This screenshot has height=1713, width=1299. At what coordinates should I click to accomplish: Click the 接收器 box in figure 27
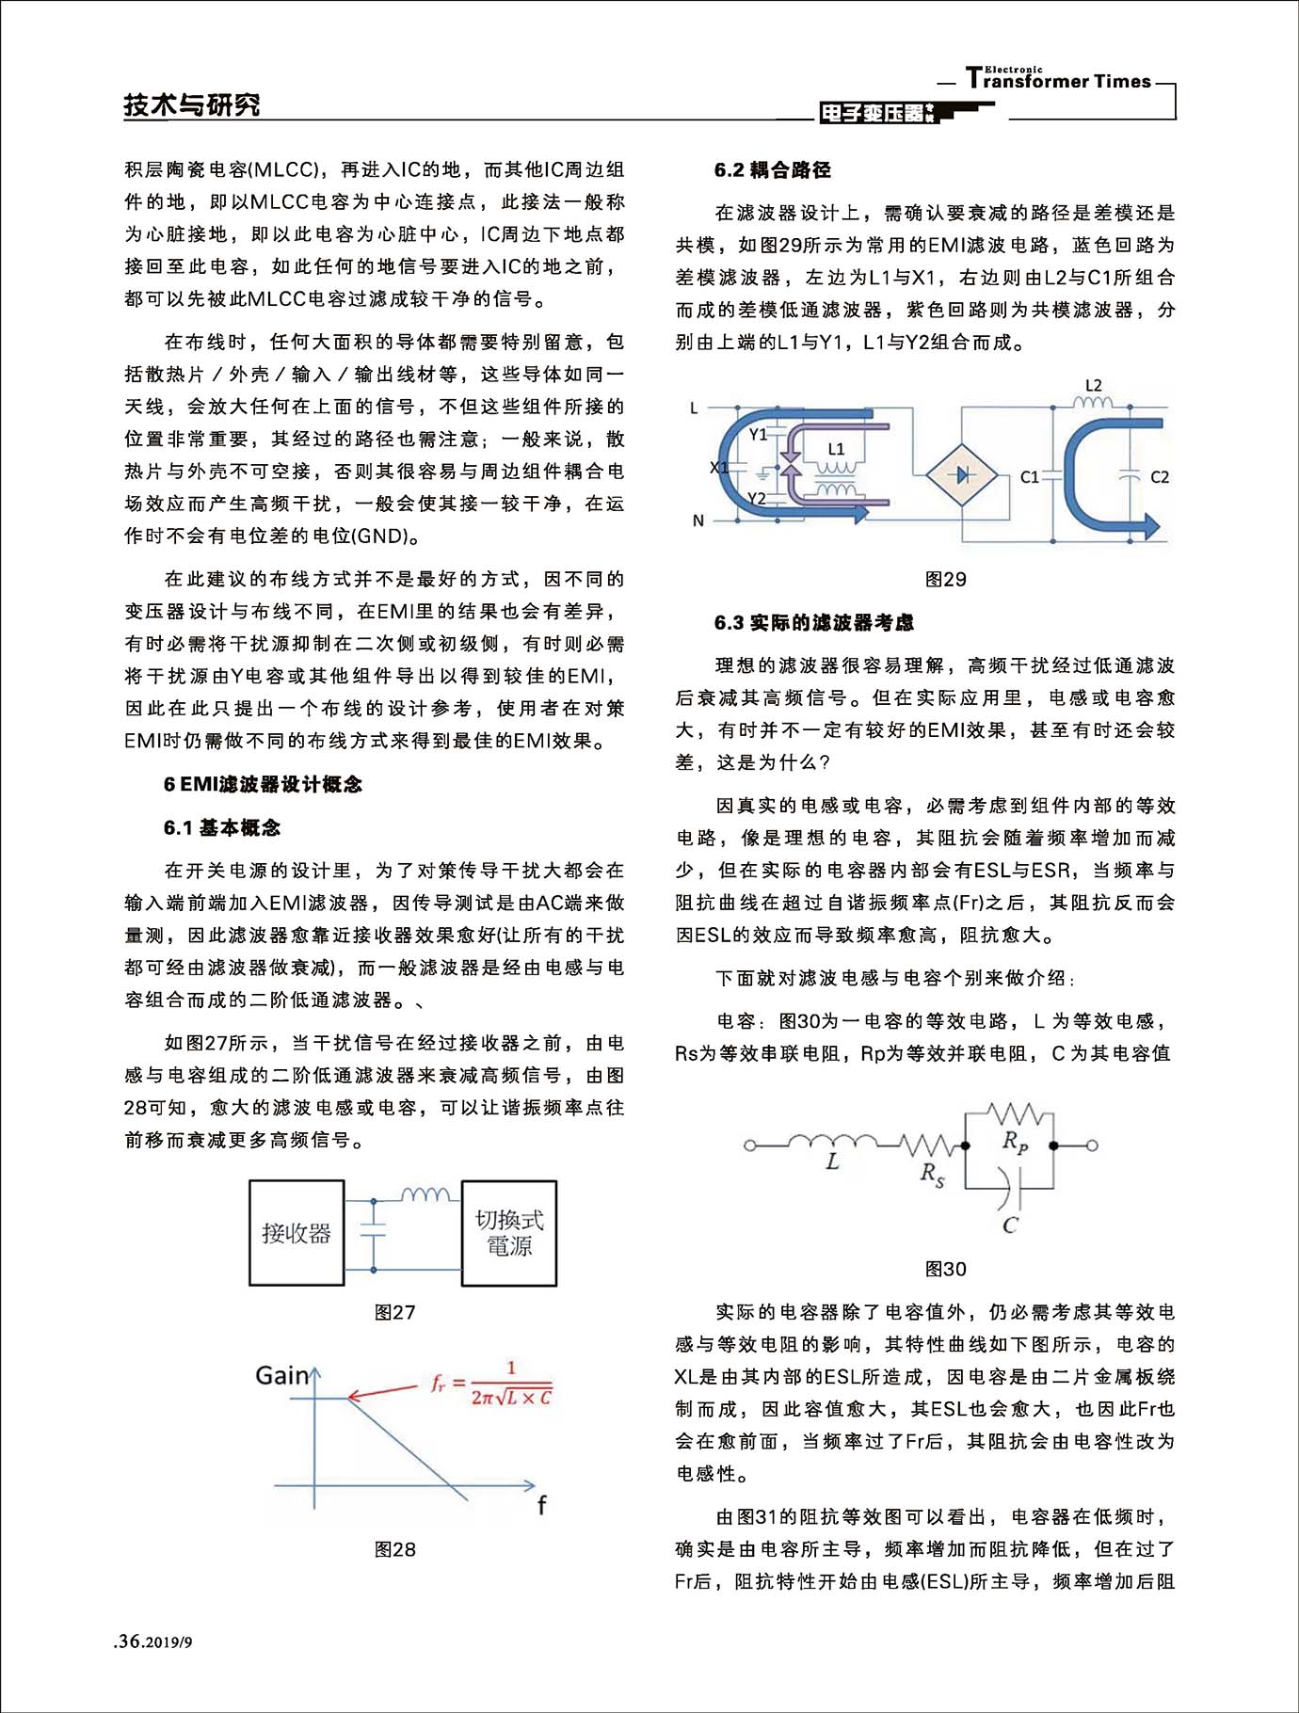tap(297, 1233)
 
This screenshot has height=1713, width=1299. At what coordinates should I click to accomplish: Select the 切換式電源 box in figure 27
tap(508, 1233)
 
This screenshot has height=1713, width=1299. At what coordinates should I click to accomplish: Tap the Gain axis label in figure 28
tap(281, 1375)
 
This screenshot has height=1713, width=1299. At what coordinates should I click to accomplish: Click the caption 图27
tap(394, 1312)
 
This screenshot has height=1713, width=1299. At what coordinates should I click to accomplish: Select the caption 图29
tap(945, 580)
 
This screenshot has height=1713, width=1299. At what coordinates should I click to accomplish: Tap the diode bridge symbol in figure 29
tap(962, 476)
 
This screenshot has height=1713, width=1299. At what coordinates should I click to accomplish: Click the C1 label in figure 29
tap(1030, 477)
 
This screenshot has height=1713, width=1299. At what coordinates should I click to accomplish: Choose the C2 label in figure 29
tap(1160, 477)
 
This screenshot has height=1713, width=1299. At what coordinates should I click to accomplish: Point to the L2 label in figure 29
tap(1093, 386)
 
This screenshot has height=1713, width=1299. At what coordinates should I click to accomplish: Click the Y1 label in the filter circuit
tap(758, 434)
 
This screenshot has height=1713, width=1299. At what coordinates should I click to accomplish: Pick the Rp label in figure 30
tap(1015, 1142)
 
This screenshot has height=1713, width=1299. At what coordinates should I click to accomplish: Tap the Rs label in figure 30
tap(932, 1174)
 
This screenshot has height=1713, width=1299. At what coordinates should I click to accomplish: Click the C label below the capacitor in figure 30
tap(1010, 1225)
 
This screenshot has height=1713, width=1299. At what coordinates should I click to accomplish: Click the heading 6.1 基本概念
tap(222, 827)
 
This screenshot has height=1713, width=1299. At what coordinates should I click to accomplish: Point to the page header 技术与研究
tap(192, 104)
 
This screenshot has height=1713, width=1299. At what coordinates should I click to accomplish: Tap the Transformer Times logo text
tap(1058, 80)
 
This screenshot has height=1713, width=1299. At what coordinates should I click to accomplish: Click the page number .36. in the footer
tap(129, 1641)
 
